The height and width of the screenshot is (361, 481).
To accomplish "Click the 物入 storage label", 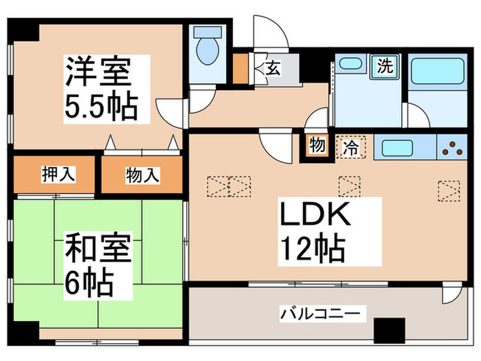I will click(142, 176).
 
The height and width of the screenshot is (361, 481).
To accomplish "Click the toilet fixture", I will click(206, 49).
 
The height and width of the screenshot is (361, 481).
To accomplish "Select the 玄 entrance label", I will click(273, 68).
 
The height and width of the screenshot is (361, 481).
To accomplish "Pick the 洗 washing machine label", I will click(384, 67).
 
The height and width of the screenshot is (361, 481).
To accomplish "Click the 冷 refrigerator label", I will click(350, 146).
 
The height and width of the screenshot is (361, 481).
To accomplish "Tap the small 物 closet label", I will click(316, 146).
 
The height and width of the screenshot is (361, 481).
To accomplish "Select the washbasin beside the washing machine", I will click(350, 64).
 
